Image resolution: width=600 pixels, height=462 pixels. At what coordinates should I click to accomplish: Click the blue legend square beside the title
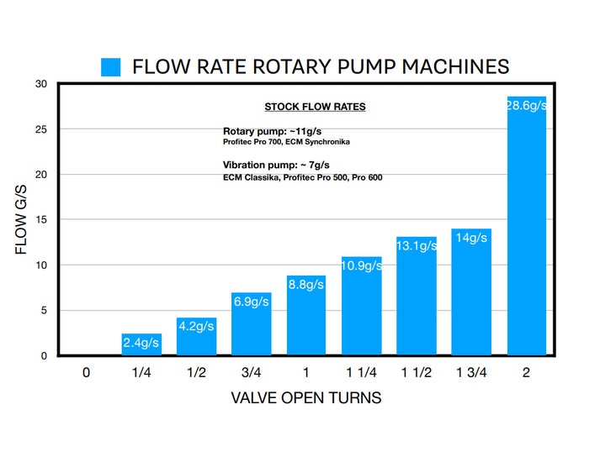pos(111,67)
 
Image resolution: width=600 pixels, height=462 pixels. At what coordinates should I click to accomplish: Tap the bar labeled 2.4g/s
pos(141,345)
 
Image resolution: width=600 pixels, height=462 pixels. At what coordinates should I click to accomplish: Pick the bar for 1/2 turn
pos(196,337)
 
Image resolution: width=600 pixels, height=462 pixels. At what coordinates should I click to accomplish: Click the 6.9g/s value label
pos(251,301)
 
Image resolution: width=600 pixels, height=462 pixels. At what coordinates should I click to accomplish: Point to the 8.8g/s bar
pos(306,319)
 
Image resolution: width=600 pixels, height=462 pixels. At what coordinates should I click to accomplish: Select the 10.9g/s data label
pos(361,265)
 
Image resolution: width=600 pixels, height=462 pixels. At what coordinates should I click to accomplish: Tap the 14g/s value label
pos(471,238)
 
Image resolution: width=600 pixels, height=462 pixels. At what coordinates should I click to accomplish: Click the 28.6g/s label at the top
pos(526,103)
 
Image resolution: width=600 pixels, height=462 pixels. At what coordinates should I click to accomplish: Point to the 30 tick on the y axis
pos(40,84)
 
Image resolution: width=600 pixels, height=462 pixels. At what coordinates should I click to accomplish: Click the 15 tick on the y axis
pos(40,220)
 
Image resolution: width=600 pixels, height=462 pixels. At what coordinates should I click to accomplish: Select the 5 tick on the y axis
pos(43,311)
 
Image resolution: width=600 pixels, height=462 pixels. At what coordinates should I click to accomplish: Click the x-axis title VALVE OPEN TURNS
pos(305,398)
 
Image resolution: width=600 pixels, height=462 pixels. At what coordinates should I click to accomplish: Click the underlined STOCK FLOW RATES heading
pos(315,107)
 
